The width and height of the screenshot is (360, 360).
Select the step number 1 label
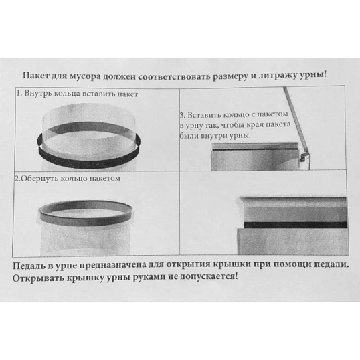coord(18,94)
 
